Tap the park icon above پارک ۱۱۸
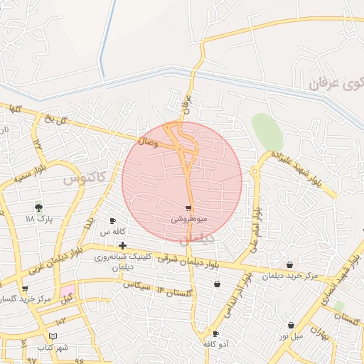[x=38, y=208]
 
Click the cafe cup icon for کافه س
[x=112, y=221]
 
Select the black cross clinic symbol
[x=122, y=245]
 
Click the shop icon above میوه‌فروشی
[x=188, y=208]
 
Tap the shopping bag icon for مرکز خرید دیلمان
[x=289, y=265]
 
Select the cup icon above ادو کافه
[x=215, y=333]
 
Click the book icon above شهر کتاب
[x=53, y=336]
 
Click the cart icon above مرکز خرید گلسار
[x=25, y=289]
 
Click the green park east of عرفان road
[x=267, y=131]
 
